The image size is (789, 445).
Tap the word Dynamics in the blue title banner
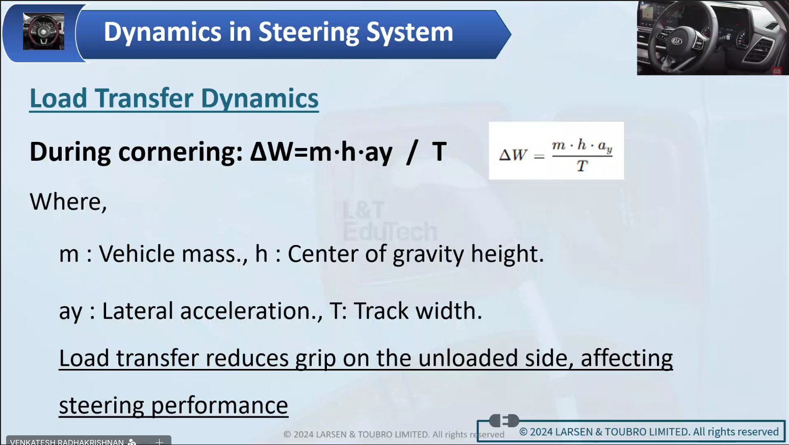point(162,33)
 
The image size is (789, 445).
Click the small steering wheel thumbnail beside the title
point(44,31)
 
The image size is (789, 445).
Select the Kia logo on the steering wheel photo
point(676,41)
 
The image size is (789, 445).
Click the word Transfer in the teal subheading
point(144,98)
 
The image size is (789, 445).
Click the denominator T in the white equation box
point(582,165)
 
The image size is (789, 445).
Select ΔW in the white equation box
point(513,155)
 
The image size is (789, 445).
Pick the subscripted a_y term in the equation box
point(605,146)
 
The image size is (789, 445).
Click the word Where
point(68,202)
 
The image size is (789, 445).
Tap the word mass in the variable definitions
point(211,254)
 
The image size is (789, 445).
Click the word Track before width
point(381,311)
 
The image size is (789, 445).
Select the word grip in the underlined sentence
point(316,359)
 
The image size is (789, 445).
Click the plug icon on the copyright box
point(504,421)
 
